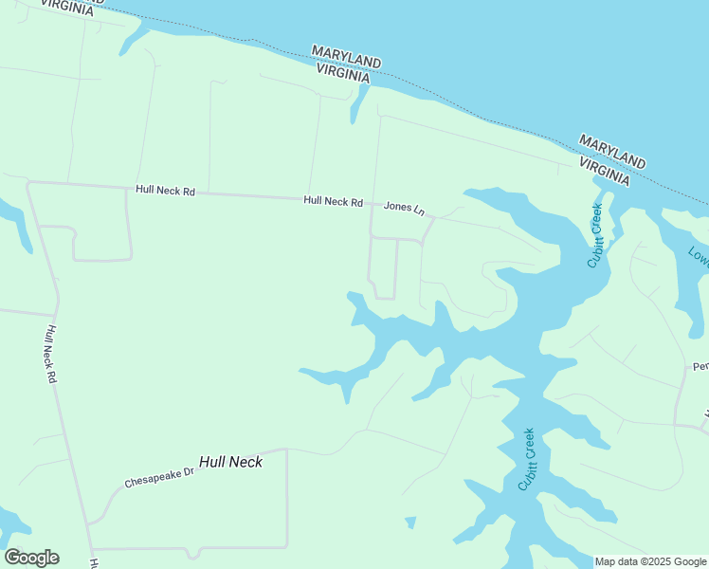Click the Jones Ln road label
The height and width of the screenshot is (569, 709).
click(x=405, y=207)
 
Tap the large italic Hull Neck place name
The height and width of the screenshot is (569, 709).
click(x=230, y=462)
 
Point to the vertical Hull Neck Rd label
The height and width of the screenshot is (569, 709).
click(x=51, y=354)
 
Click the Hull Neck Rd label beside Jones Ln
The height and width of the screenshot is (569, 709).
click(x=334, y=201)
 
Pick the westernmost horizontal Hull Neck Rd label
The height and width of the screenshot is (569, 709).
click(x=165, y=191)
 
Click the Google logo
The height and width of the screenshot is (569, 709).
click(x=31, y=558)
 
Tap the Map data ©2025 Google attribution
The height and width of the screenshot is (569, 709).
click(x=651, y=561)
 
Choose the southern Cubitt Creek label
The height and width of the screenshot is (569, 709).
click(x=527, y=459)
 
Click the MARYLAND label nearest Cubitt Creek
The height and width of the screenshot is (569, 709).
click(x=612, y=149)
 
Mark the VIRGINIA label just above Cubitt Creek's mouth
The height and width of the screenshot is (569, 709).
click(x=604, y=171)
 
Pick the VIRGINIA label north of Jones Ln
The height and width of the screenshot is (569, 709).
click(x=342, y=73)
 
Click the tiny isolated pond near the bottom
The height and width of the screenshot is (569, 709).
click(x=410, y=523)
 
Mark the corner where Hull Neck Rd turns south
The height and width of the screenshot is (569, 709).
click(x=29, y=184)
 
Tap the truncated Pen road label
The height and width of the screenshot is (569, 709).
click(x=700, y=366)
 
